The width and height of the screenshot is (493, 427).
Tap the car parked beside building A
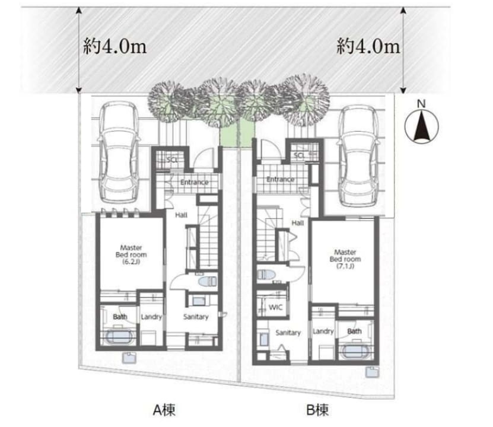tap(119, 152)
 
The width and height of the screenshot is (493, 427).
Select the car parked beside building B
tap(358, 156)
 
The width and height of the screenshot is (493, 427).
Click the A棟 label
tap(164, 410)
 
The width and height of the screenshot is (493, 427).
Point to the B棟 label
tap(317, 410)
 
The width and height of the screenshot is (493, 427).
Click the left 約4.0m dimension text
tap(114, 46)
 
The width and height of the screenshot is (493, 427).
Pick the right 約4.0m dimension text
tap(368, 46)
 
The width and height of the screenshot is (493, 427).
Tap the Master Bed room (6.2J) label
tap(131, 254)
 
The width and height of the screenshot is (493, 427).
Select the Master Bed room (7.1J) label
tap(345, 259)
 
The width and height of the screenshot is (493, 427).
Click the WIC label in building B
tap(275, 307)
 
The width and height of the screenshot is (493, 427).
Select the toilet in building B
tap(266, 275)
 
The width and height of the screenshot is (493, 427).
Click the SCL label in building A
tap(172, 160)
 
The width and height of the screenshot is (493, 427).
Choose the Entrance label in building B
tap(280, 179)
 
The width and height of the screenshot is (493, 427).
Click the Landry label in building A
tap(151, 317)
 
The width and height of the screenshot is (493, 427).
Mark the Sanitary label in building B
tap(288, 333)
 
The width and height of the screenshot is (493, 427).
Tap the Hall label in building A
tap(181, 215)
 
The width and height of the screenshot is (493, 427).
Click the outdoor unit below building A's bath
tap(129, 358)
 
